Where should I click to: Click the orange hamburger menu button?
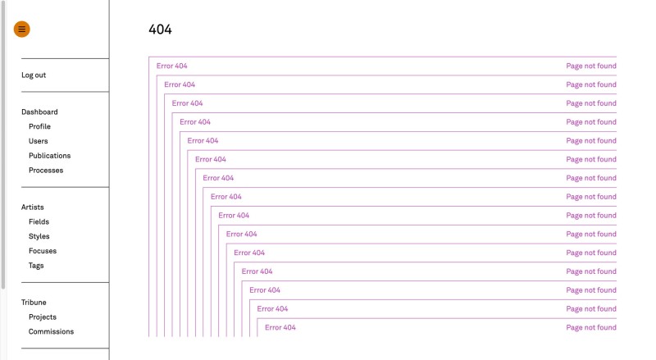coord(21,30)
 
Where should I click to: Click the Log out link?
coord(34,75)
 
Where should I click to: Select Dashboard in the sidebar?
coord(39,112)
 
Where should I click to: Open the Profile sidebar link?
coord(39,127)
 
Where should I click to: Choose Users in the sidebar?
coord(38,141)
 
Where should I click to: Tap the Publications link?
coord(49,156)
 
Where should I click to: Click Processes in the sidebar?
coord(46,171)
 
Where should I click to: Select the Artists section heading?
coord(33,207)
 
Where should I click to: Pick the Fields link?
coord(39,222)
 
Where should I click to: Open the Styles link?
coord(39,237)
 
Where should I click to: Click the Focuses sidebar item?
coord(43,251)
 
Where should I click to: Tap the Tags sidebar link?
coord(36,266)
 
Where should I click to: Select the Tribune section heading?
coord(34,303)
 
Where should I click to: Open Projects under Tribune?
coord(43,317)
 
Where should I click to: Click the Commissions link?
coord(51,332)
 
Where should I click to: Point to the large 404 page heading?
coord(160,30)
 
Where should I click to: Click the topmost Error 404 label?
coord(171,66)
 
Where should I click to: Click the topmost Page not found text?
coord(590,66)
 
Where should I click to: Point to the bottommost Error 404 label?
coord(280,327)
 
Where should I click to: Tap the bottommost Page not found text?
coord(590,327)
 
